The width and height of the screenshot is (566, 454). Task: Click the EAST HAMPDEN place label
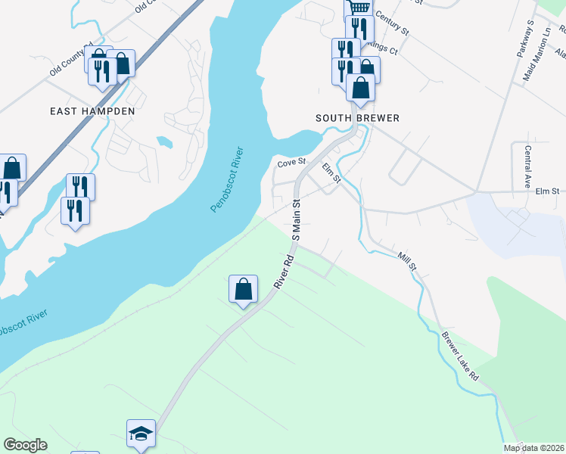pos(92,111)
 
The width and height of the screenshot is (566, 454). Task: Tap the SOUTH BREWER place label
pos(357,119)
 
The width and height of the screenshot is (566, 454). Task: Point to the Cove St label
pos(291,162)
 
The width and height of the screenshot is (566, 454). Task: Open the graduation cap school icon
pos(141,434)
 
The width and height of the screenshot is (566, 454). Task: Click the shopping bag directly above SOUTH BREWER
pos(361,88)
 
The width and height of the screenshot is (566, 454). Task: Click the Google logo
pos(26,445)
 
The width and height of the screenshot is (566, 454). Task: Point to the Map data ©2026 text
pos(534,448)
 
